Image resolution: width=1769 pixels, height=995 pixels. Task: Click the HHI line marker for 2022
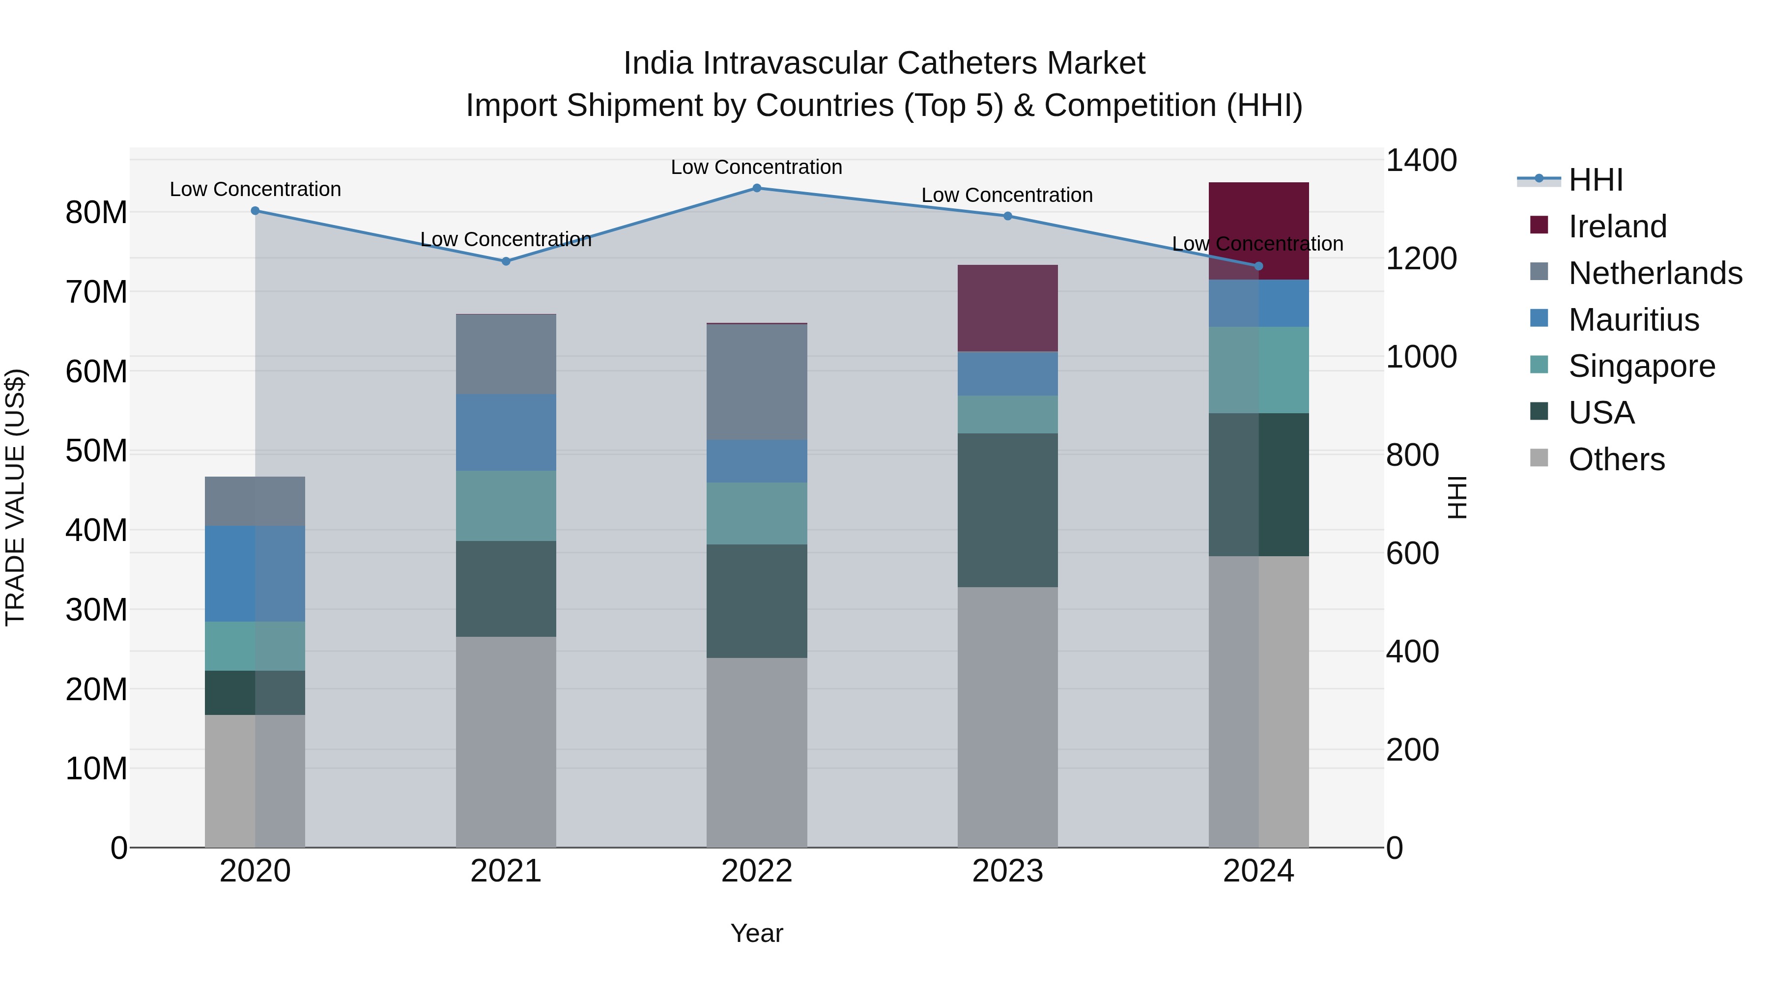pos(757,188)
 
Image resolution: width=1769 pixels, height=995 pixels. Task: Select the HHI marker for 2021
pos(506,261)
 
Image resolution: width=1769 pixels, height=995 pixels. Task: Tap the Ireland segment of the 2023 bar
pos(1007,308)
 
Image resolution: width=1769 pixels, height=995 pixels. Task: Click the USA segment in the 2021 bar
pos(506,589)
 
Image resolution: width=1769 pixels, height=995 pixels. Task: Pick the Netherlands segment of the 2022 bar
pos(757,382)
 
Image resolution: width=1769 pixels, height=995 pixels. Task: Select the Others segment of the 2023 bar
pos(1007,717)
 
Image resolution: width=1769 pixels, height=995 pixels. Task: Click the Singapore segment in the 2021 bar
pos(506,506)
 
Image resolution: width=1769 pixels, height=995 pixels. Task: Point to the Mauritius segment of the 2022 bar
pos(757,461)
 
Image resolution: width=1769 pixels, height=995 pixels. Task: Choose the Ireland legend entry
pos(1617,227)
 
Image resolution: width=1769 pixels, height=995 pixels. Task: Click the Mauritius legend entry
pos(1633,320)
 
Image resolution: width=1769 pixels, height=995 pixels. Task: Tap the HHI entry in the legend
pos(1595,180)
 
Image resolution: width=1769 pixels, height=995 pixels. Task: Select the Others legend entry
pos(1616,459)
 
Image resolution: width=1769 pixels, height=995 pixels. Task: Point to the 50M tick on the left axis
pos(96,451)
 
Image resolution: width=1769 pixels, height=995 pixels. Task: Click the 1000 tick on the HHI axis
pos(1421,357)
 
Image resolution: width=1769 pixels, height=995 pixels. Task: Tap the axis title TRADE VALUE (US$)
pos(15,497)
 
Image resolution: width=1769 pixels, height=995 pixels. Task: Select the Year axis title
pos(757,933)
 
